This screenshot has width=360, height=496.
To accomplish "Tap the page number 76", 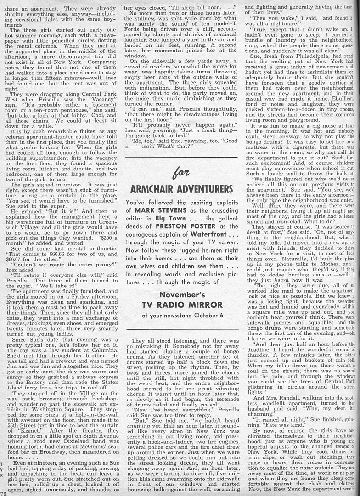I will [x=4, y=493].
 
